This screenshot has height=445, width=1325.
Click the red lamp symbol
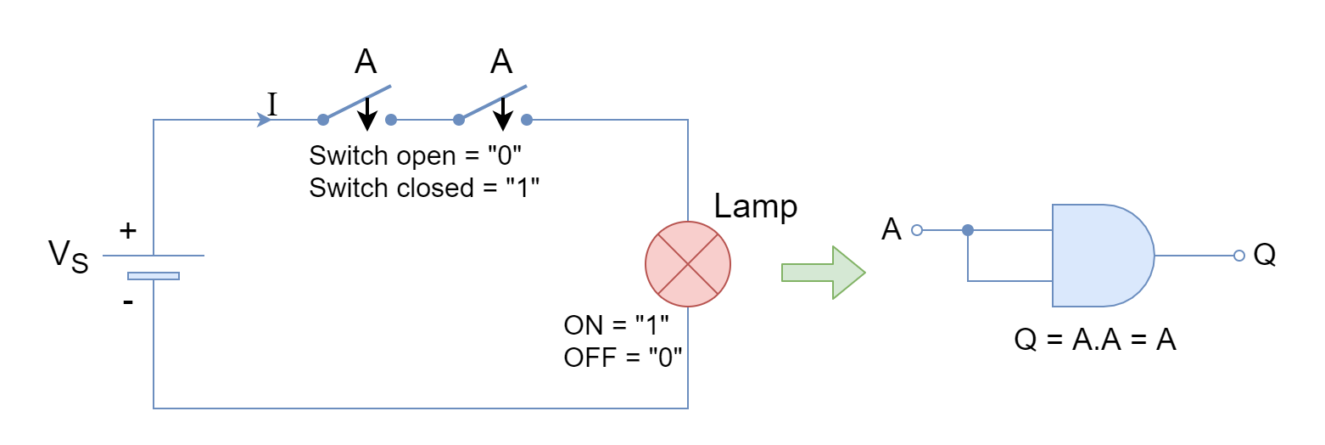click(687, 264)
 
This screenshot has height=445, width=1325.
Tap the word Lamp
click(755, 207)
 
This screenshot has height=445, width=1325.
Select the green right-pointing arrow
click(823, 273)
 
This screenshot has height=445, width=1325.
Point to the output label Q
click(1265, 255)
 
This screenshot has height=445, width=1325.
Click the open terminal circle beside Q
click(1239, 256)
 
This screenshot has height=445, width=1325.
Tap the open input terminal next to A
click(917, 230)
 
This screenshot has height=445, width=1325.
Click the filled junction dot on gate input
click(968, 230)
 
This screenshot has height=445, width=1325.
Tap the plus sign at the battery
click(128, 230)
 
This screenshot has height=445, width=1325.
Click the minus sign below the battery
click(128, 302)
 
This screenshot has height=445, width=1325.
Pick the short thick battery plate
click(154, 275)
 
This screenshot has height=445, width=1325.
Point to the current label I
click(272, 104)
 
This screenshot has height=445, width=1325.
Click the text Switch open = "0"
click(416, 156)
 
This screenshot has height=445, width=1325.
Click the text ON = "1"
click(616, 325)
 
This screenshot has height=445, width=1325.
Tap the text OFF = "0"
click(623, 358)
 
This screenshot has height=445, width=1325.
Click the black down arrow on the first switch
click(366, 114)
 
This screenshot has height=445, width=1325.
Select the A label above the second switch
click(501, 61)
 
